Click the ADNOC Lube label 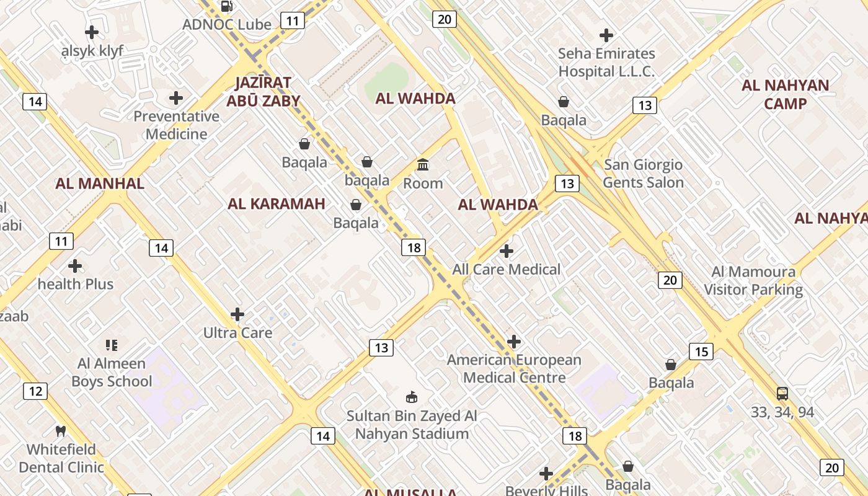tap(227, 25)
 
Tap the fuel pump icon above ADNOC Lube tap(227, 6)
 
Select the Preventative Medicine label tap(177, 125)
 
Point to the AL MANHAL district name tap(100, 184)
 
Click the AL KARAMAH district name tap(277, 204)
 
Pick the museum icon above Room tap(423, 165)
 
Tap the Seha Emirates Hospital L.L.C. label tap(606, 63)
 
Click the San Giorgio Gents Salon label tap(643, 174)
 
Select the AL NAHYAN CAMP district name tap(785, 94)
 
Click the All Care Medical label tap(507, 270)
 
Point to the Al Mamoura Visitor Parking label tap(753, 280)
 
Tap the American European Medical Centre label tap(514, 369)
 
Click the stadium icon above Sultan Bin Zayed tap(411, 397)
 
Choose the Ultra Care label tap(238, 333)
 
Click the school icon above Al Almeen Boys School tap(112, 345)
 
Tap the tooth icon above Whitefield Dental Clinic tap(61, 431)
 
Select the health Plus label tap(76, 285)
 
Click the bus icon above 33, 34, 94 tap(782, 394)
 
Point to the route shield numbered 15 tap(701, 352)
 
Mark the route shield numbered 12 tap(35, 391)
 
